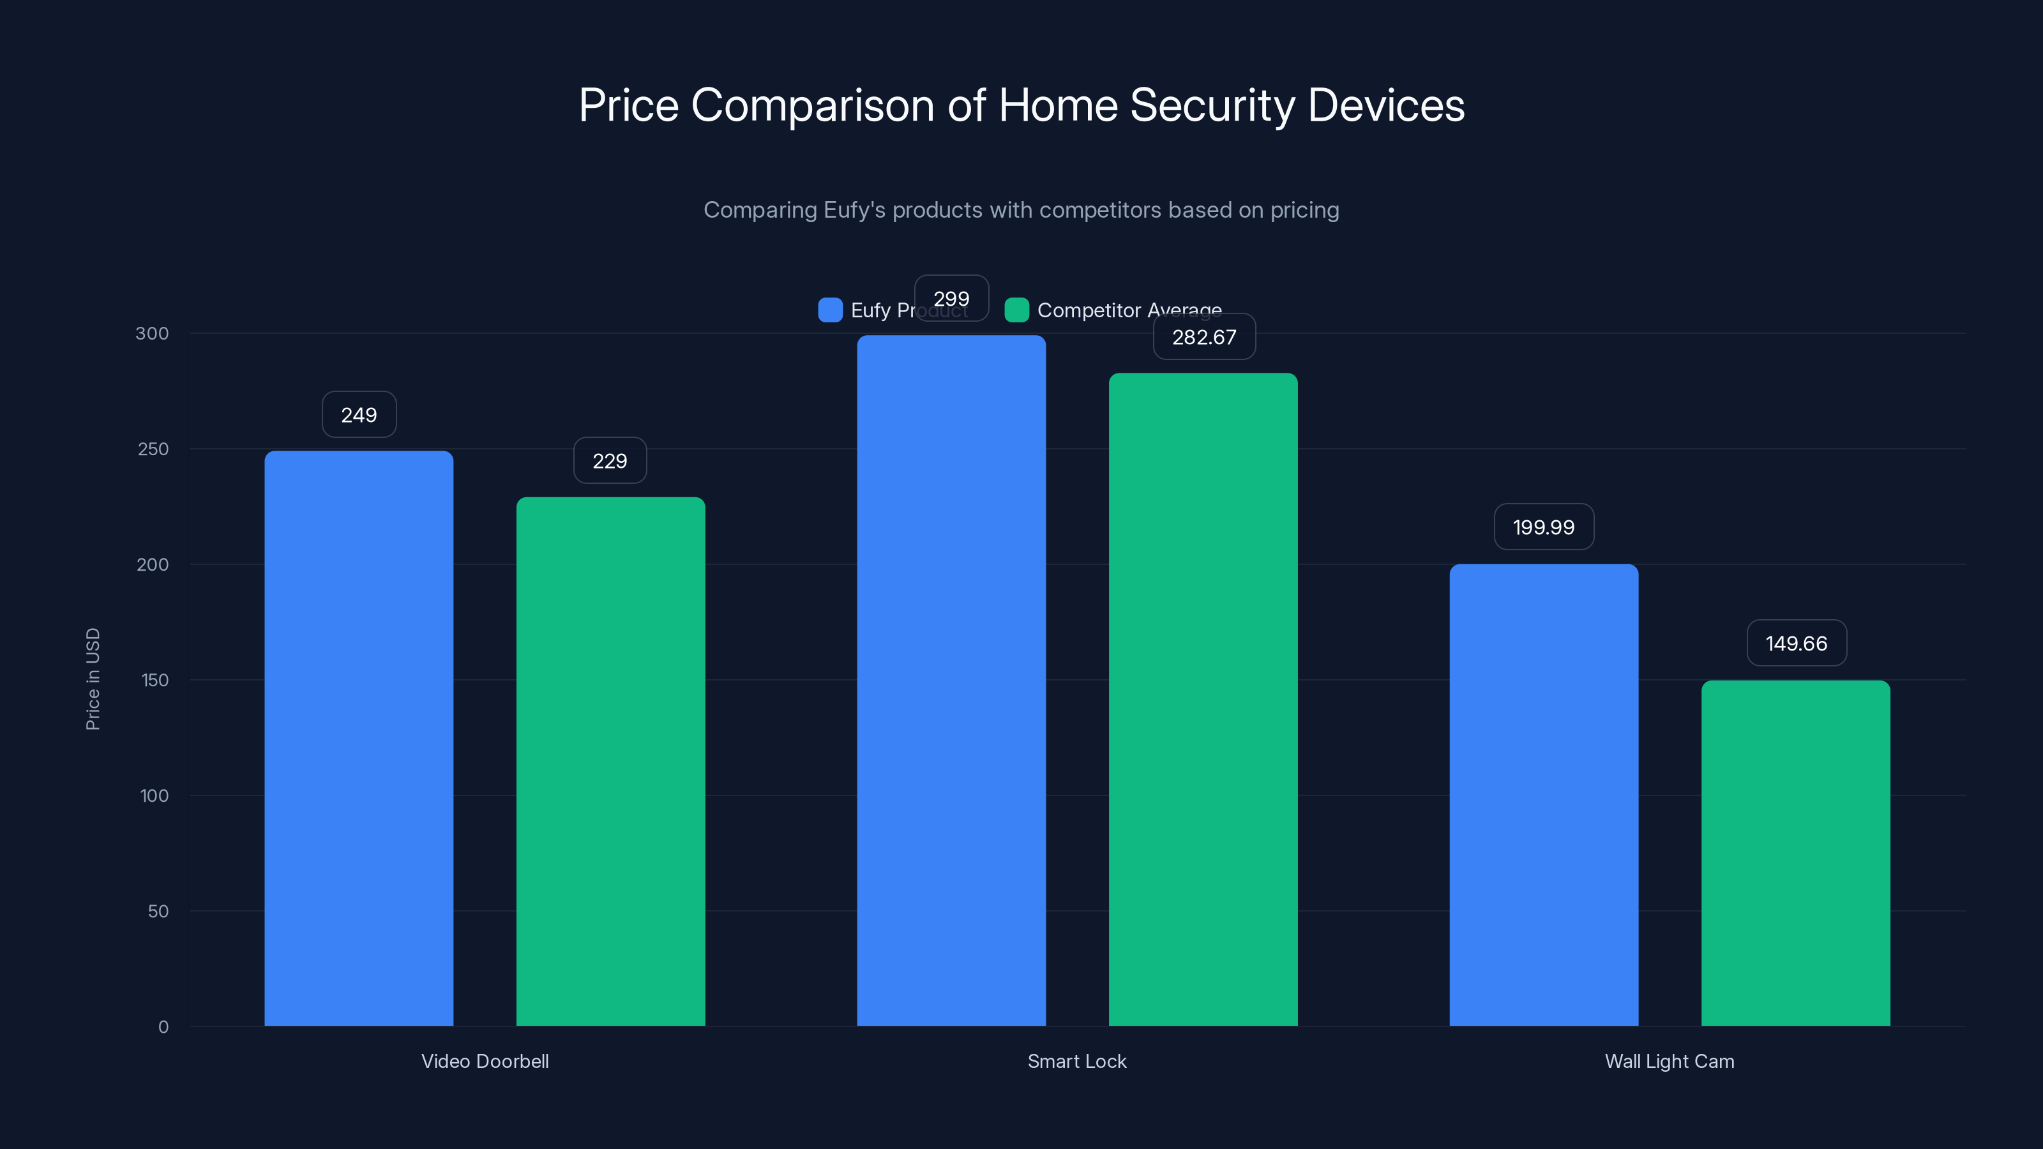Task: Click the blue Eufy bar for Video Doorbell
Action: [358, 737]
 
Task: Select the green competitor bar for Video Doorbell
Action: [611, 762]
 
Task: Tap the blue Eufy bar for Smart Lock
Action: [951, 682]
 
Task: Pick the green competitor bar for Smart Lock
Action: [1203, 698]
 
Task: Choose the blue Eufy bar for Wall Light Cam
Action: [1543, 793]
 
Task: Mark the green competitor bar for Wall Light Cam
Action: [1795, 852]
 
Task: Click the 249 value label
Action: [358, 415]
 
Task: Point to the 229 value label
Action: [610, 461]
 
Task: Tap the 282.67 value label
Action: [1204, 337]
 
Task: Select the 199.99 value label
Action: [1543, 527]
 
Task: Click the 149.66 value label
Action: [1797, 643]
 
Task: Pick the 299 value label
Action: [951, 298]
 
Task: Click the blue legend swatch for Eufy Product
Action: [829, 310]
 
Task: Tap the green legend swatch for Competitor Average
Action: [1016, 310]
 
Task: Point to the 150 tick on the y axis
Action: [155, 680]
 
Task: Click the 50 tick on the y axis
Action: [158, 911]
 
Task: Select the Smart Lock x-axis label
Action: [1076, 1061]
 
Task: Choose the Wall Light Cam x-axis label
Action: [1670, 1061]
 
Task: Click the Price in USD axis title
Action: [93, 679]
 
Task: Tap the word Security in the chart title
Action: [1212, 105]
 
